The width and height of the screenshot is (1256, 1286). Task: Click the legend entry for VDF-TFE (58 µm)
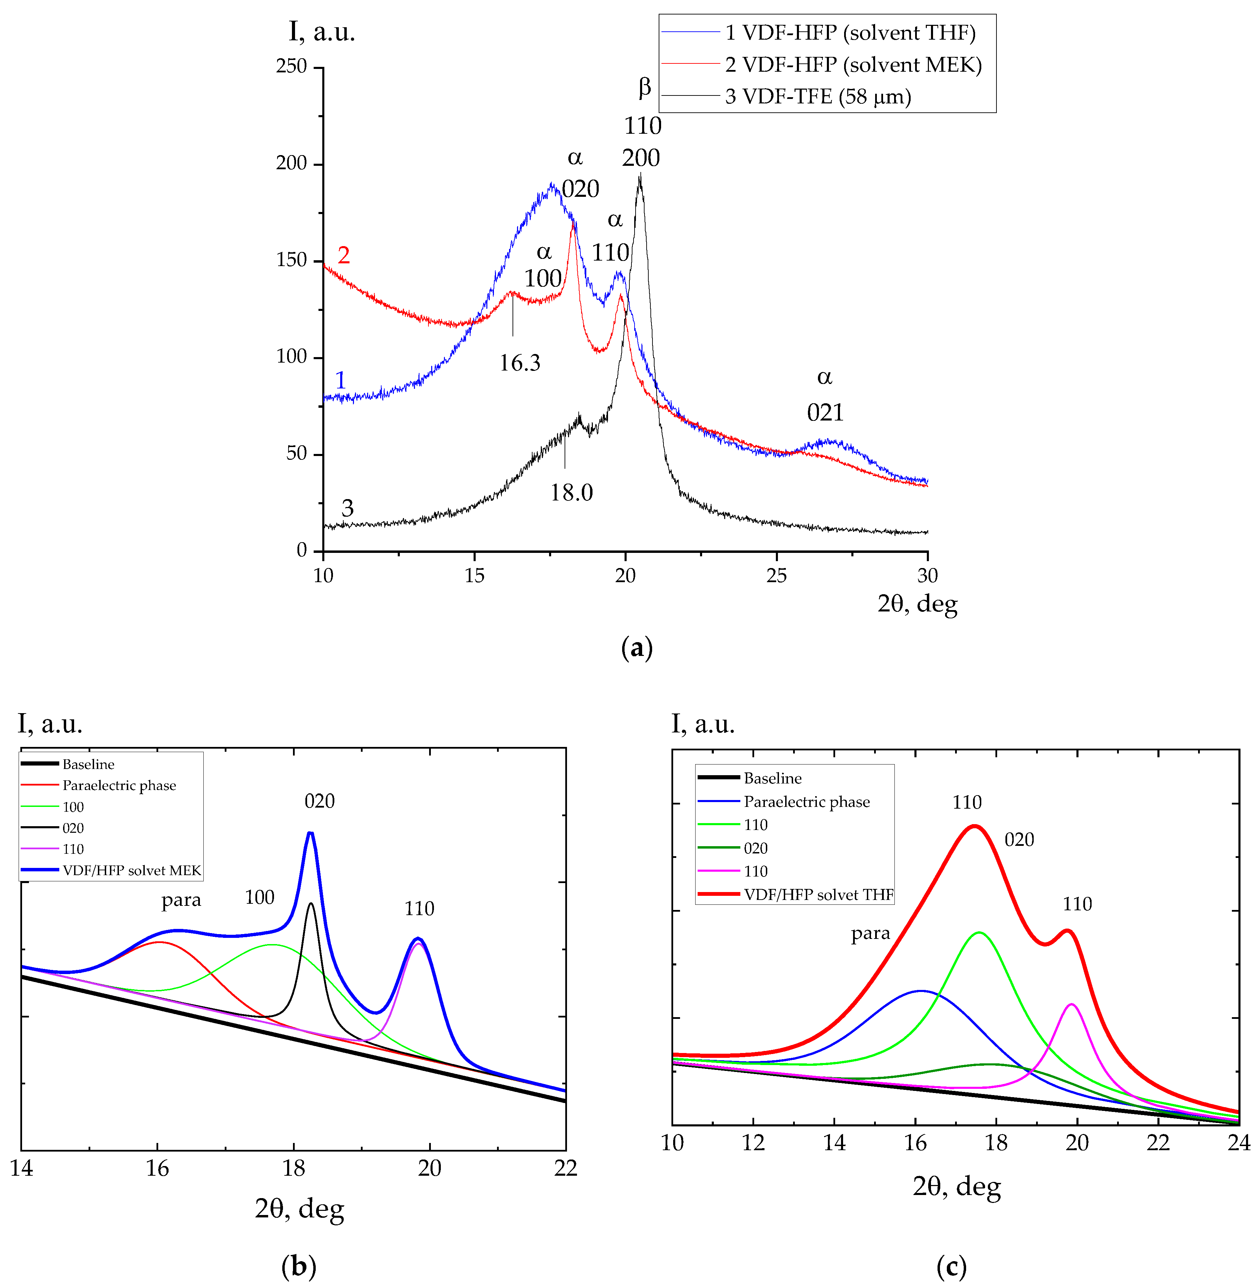[x=818, y=97]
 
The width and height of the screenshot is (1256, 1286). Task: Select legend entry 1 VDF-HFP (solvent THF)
[x=850, y=33]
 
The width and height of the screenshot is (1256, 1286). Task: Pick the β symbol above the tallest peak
[x=645, y=87]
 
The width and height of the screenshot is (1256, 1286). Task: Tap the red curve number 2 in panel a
[x=343, y=255]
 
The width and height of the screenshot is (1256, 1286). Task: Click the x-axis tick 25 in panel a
[x=777, y=576]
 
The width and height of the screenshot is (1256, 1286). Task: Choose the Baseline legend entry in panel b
[x=88, y=764]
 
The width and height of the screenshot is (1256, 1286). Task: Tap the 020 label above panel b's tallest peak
[x=319, y=801]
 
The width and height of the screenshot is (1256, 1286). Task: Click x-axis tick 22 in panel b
[x=565, y=1168]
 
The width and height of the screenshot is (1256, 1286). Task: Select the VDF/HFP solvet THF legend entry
[x=818, y=895]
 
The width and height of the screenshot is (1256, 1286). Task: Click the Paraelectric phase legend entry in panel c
[x=806, y=802]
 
